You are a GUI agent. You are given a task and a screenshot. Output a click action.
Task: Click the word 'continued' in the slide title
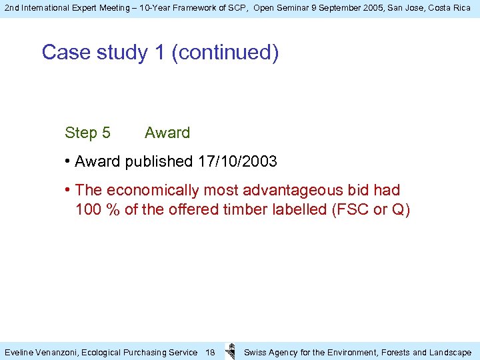point(225,52)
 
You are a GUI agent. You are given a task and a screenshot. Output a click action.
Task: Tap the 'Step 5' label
point(87,133)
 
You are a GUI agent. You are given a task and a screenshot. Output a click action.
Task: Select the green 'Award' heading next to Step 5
point(167,133)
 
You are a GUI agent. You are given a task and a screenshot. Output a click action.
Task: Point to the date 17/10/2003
point(237,161)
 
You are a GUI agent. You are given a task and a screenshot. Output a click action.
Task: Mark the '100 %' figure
point(98,209)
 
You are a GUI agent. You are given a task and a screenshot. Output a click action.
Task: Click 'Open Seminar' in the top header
point(281,7)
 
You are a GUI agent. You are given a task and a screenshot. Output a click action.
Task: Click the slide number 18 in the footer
point(209,352)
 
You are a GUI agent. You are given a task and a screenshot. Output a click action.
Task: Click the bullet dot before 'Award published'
point(69,161)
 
